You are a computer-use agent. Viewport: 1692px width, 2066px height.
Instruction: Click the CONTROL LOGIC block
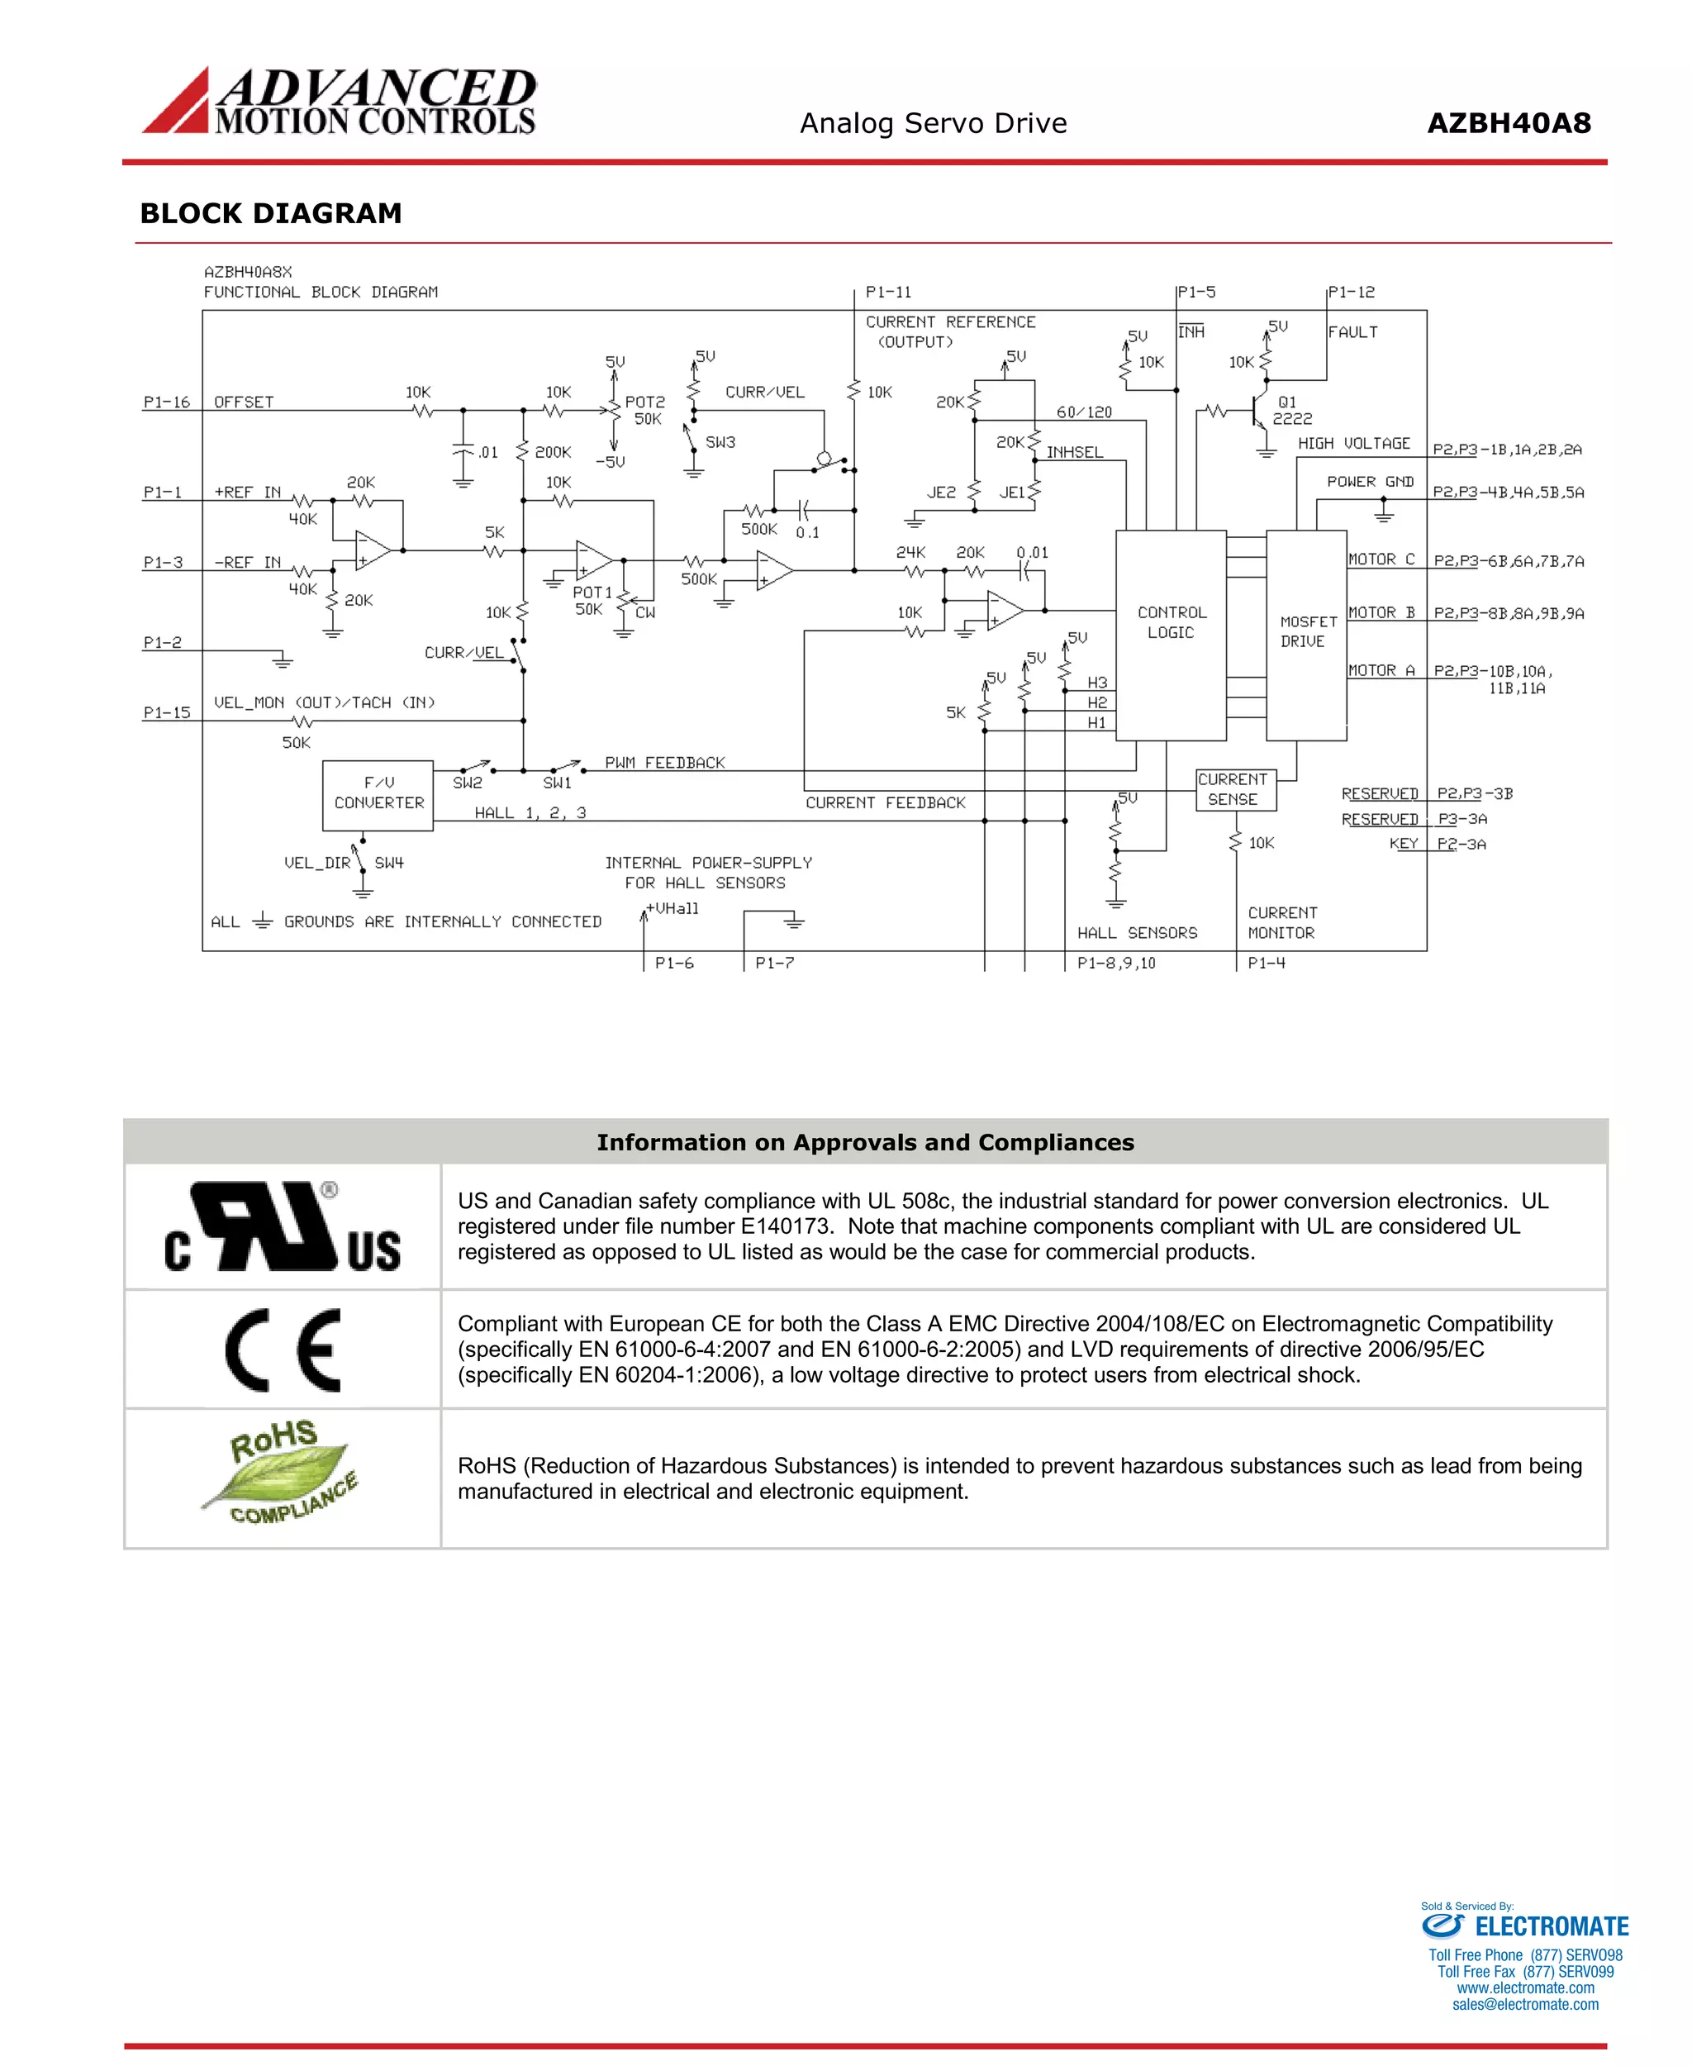[x=1170, y=623]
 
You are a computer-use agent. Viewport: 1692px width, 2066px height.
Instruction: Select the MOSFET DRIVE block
[x=1305, y=632]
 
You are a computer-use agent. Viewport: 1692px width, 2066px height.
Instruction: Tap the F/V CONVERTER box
[x=378, y=793]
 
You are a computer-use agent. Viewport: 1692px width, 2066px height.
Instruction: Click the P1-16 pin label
[x=167, y=402]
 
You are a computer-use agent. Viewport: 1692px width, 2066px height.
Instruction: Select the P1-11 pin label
[x=888, y=293]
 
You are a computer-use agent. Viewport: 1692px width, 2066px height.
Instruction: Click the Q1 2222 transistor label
[x=1291, y=411]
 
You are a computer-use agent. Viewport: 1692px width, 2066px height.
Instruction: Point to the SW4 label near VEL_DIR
[x=389, y=863]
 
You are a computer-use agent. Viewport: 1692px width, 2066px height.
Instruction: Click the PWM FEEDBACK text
[x=665, y=763]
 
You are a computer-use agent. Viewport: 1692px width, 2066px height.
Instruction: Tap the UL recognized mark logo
[x=282, y=1226]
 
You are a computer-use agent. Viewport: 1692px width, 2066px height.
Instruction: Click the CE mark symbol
[x=283, y=1350]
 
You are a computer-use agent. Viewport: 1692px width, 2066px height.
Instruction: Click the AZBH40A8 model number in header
[x=1508, y=124]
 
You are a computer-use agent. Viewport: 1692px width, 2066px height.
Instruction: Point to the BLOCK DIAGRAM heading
[x=271, y=213]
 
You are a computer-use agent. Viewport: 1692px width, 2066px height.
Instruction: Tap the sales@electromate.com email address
[x=1524, y=2005]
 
